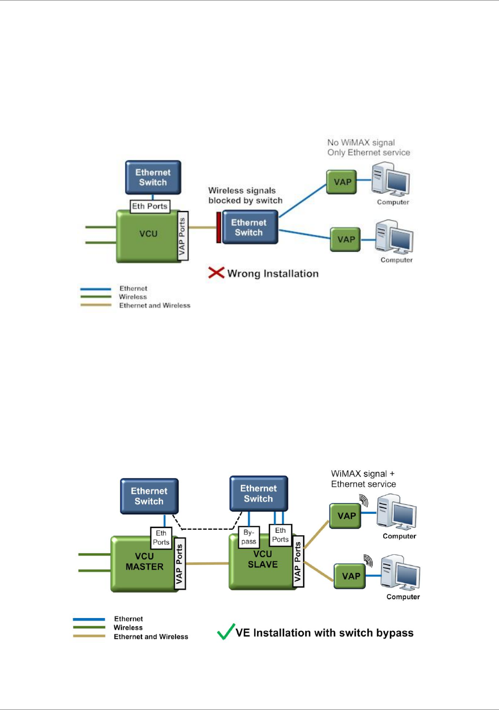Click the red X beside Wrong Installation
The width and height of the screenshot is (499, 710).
point(216,272)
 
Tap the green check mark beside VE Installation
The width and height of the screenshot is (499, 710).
point(226,631)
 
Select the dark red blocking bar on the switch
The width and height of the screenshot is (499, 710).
point(218,227)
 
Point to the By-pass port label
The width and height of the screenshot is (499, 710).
point(249,537)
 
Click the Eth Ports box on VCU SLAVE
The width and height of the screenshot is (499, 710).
point(280,535)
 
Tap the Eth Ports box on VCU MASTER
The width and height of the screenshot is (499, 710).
point(161,538)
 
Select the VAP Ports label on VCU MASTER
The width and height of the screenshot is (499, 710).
point(180,563)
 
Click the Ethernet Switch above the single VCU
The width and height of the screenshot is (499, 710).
point(153,177)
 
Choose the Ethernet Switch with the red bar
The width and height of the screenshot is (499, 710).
point(250,227)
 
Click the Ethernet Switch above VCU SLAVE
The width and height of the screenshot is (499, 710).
point(259,493)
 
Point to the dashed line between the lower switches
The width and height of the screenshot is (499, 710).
point(207,529)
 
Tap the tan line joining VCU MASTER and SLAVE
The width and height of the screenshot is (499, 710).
point(207,563)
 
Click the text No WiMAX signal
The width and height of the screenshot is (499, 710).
point(361,143)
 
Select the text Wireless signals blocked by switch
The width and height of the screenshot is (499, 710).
point(245,195)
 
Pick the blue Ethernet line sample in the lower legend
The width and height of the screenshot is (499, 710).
point(89,619)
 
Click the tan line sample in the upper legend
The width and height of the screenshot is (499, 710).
point(95,305)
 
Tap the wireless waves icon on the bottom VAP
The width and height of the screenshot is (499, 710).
point(368,561)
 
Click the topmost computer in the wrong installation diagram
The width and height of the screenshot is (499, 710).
point(391,179)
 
